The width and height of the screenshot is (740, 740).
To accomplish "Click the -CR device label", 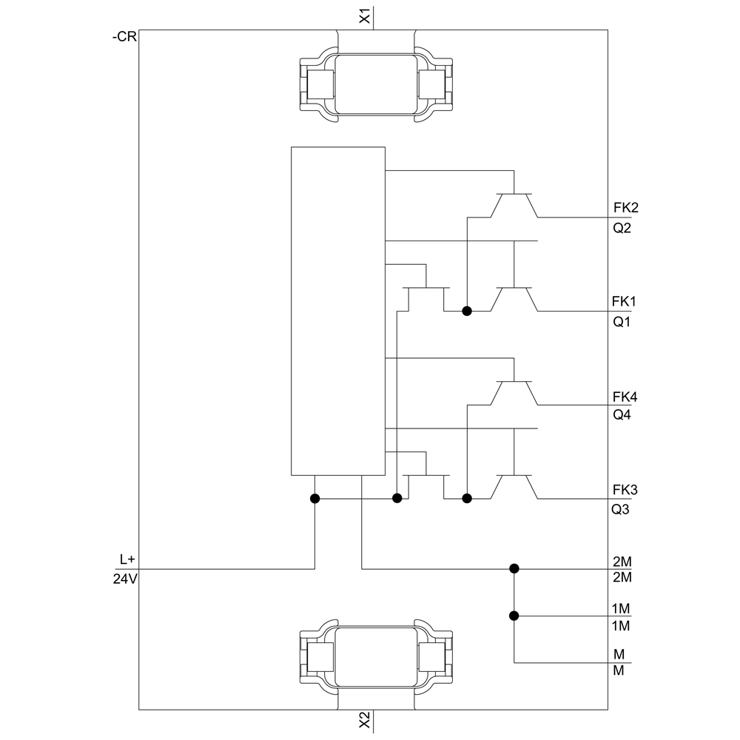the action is coord(124,37).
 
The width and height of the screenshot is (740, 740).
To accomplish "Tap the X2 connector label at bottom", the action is coord(365,720).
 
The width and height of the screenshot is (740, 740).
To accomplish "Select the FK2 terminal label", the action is coord(626,208).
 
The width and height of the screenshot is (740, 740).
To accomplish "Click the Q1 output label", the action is coord(622,322).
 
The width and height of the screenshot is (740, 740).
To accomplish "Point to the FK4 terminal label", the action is coord(625,397).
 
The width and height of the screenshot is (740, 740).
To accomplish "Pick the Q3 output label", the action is coord(620,510).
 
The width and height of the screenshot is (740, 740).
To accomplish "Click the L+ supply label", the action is coord(127,559).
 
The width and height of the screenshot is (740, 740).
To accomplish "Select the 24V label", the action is coord(125,579).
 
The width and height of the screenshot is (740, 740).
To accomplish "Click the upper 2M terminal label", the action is coord(622,562).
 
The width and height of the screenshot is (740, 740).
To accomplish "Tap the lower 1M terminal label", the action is coord(621,626).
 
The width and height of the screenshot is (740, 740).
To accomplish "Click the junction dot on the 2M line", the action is coord(514,568).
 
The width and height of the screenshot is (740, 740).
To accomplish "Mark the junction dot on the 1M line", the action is coord(514,616).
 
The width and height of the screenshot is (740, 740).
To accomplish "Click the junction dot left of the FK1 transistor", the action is coord(467,311).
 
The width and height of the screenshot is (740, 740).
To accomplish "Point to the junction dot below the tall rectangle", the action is coord(314,498).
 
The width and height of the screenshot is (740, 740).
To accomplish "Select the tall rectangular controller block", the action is coord(338,311).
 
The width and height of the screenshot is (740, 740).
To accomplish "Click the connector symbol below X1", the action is coord(376,84).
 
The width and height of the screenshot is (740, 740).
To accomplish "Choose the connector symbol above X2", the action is coord(376,656).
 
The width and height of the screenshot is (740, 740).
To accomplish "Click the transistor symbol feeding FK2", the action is coord(514,205).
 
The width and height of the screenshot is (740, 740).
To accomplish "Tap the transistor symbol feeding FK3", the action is coord(514,487).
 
